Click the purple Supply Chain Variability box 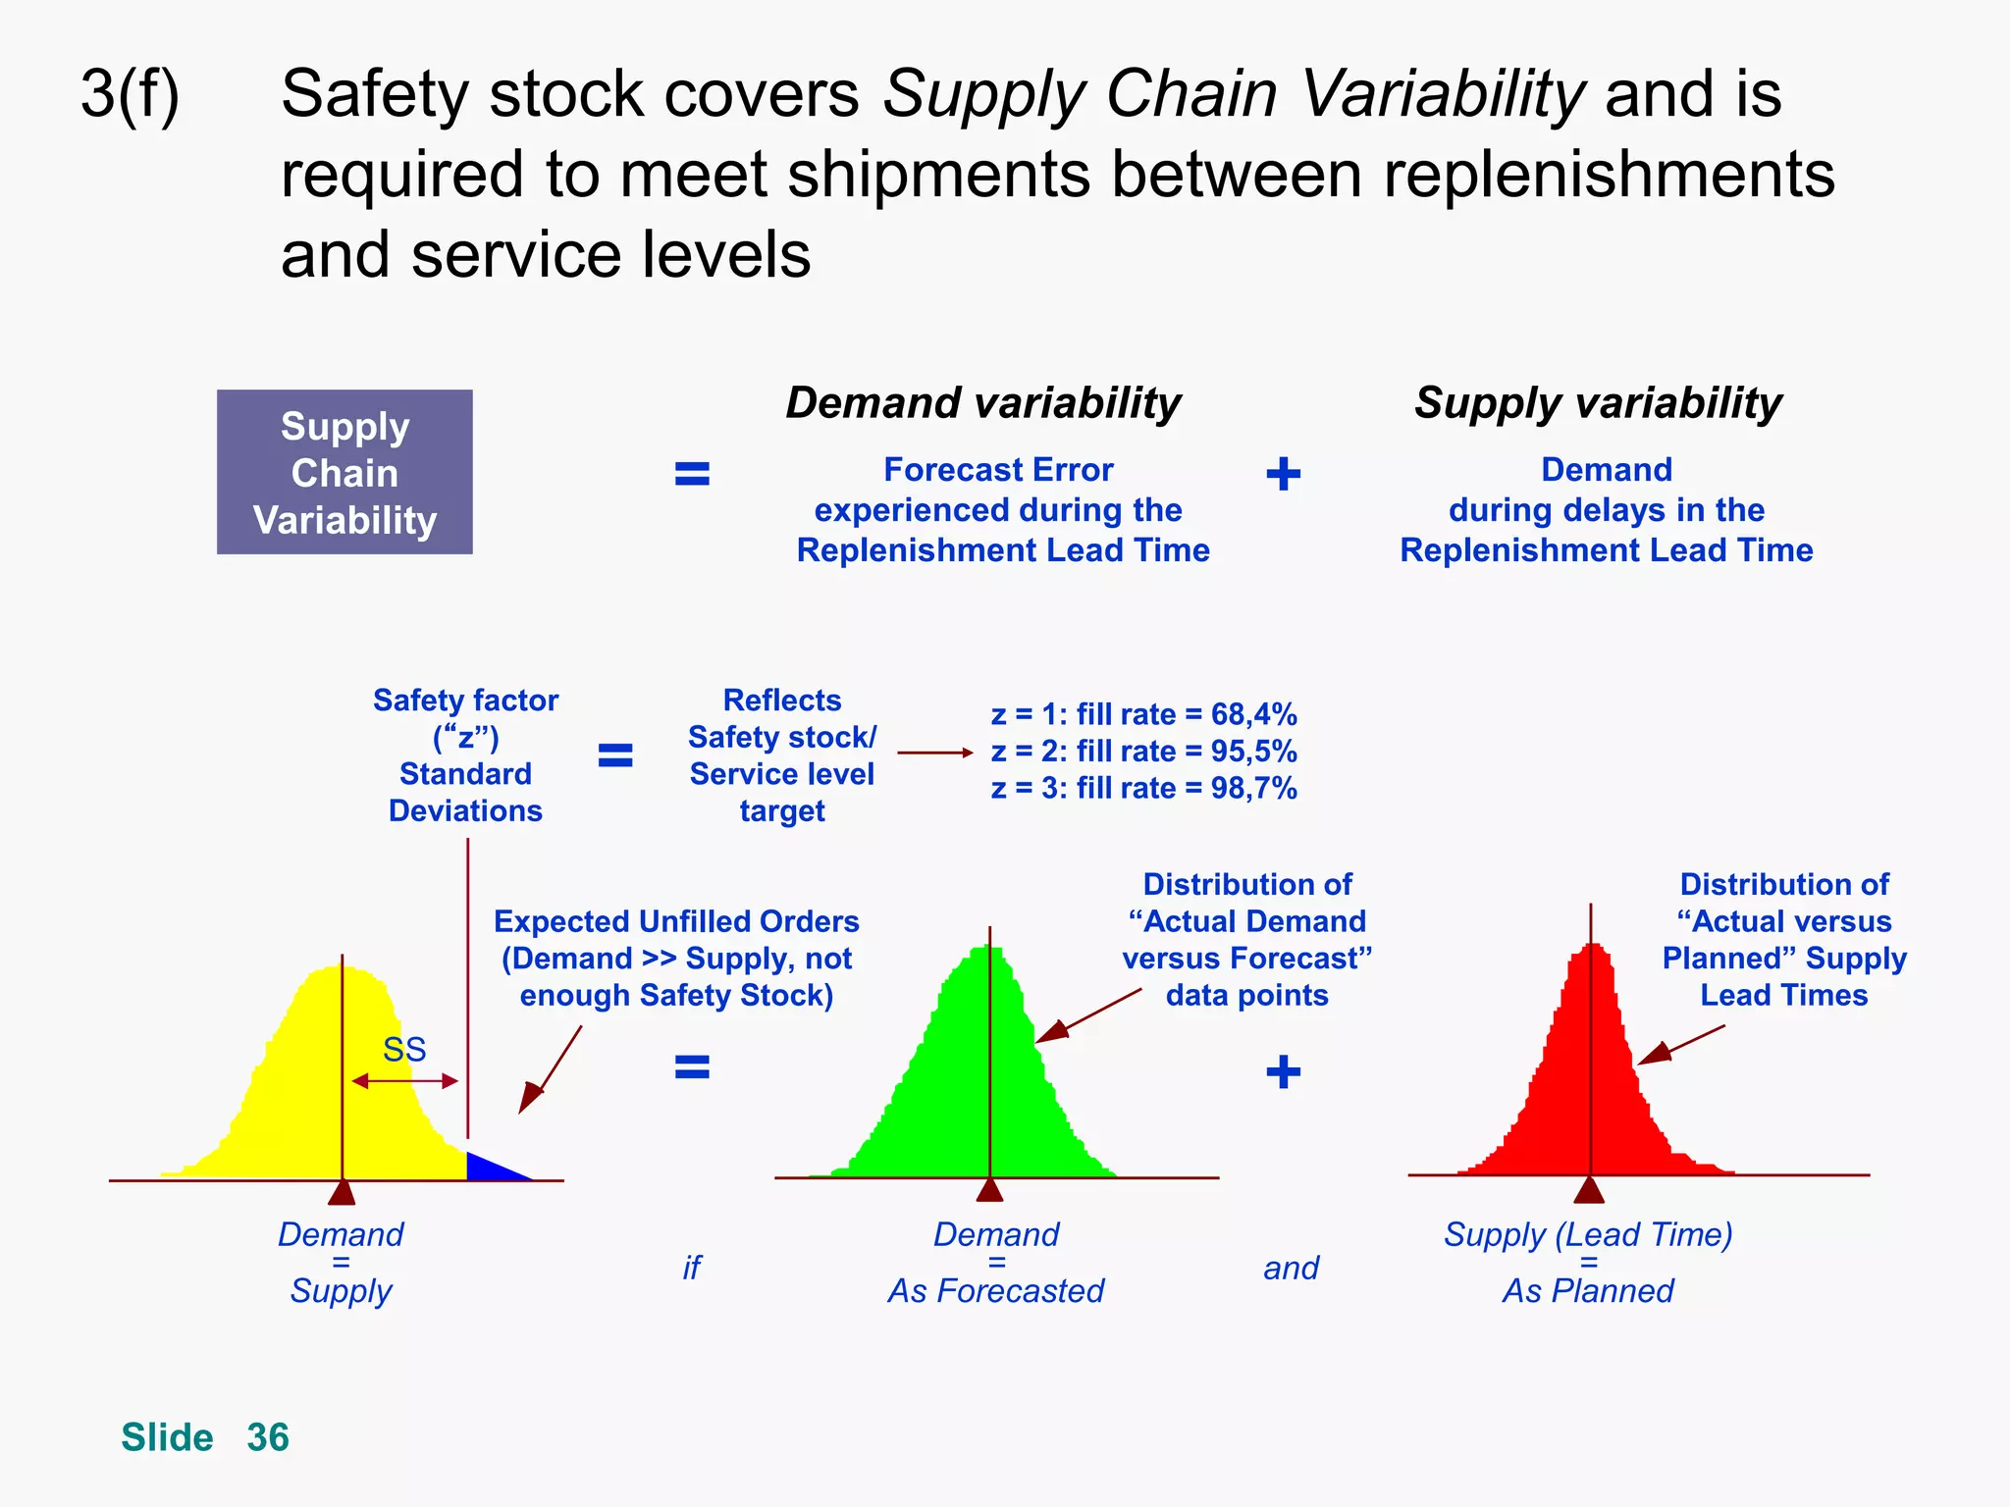point(344,472)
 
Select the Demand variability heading point(982,403)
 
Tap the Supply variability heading point(1597,403)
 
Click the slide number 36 point(267,1437)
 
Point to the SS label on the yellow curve point(404,1050)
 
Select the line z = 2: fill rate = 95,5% point(1143,752)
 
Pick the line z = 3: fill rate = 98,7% point(1143,789)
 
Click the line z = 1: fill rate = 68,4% point(1143,714)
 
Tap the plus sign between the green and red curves point(1283,1071)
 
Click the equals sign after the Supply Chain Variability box point(692,474)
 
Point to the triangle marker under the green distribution point(989,1190)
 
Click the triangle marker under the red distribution point(1589,1190)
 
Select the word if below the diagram point(691,1269)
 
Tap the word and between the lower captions point(1291,1269)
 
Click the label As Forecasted point(995,1291)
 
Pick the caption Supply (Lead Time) point(1588,1234)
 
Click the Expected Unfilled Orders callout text point(676,958)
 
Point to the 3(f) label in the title point(130,94)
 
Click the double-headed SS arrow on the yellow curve point(404,1081)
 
